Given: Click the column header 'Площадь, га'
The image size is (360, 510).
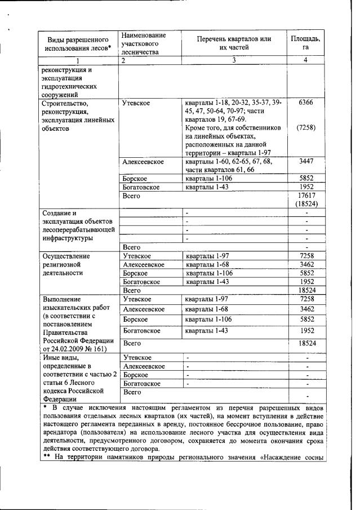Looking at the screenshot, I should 305,43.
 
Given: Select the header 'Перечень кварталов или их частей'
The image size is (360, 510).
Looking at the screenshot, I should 234,43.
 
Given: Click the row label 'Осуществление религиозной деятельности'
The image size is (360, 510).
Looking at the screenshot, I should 66,264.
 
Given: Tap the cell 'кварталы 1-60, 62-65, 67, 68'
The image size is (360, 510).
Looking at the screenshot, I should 228,162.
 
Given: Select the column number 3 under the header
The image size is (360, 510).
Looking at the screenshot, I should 234,60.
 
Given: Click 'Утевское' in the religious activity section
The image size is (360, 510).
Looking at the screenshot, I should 137,256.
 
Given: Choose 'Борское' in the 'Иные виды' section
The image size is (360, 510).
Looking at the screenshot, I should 135,375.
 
